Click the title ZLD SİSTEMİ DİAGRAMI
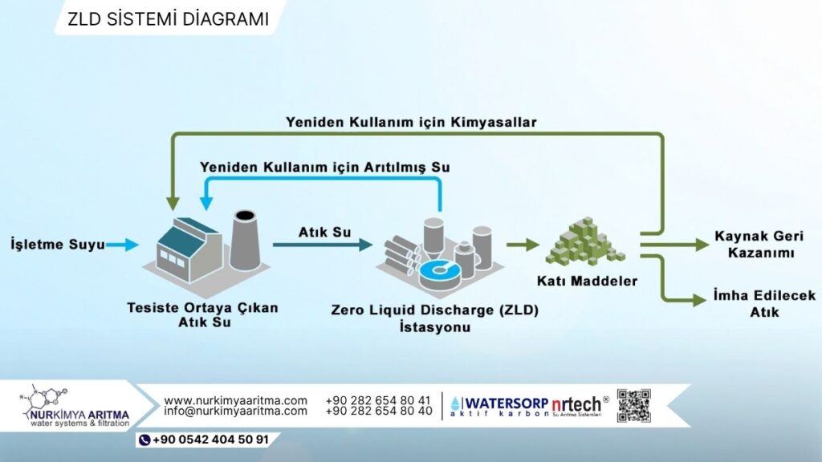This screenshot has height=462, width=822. (169, 19)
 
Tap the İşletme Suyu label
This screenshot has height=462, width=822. (58, 244)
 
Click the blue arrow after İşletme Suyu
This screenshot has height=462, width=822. (123, 245)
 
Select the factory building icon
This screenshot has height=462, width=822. (189, 249)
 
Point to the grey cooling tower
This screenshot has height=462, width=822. (245, 240)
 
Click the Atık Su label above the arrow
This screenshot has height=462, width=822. (324, 232)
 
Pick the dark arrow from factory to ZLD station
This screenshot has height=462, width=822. (323, 245)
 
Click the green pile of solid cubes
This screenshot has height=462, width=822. (584, 242)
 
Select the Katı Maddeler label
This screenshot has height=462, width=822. (587, 282)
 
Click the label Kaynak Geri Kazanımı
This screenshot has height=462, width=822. (759, 244)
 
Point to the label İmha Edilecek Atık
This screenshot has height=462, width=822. (764, 304)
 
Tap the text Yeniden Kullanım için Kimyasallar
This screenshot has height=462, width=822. (411, 123)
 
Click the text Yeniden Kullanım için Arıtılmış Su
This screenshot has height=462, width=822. (324, 168)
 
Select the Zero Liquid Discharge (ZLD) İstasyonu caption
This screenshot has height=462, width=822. (434, 318)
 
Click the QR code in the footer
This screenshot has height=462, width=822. (634, 405)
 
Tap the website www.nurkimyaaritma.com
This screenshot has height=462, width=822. (235, 401)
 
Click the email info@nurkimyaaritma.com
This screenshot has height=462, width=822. (235, 411)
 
